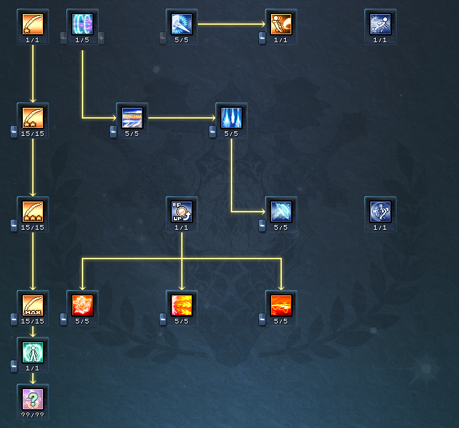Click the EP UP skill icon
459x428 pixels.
(182, 211)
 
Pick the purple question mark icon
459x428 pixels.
(33, 399)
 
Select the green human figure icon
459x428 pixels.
(33, 352)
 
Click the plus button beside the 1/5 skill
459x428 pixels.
(101, 38)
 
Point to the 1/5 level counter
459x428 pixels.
(83, 40)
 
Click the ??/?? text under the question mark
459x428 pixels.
(33, 415)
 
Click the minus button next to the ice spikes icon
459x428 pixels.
(213, 132)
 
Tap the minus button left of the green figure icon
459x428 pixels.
(14, 365)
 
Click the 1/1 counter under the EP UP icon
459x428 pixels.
(182, 228)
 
